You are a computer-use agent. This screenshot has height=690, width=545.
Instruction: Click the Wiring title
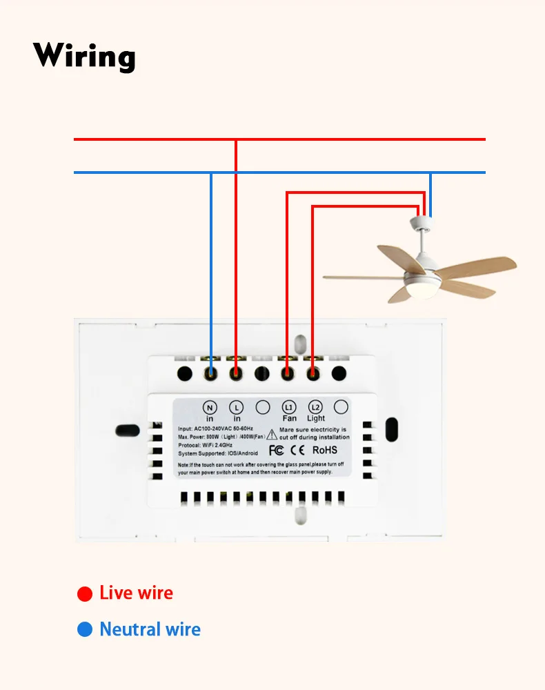pyautogui.click(x=84, y=55)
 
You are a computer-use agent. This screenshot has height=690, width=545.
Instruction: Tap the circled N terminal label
pyautogui.click(x=210, y=407)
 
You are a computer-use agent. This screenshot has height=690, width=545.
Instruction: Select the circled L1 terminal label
pyautogui.click(x=289, y=407)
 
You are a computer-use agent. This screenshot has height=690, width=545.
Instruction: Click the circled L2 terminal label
pyautogui.click(x=315, y=407)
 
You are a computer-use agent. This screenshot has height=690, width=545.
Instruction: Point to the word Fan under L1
pyautogui.click(x=289, y=419)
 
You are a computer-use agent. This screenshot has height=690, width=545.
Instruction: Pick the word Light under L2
pyautogui.click(x=316, y=419)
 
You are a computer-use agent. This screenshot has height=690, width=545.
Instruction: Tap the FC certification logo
pyautogui.click(x=276, y=451)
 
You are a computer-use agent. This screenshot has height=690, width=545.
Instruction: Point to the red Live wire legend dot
pyautogui.click(x=85, y=593)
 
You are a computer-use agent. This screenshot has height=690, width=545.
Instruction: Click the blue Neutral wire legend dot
pyautogui.click(x=85, y=629)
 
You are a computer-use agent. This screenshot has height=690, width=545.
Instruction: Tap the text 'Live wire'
pyautogui.click(x=136, y=593)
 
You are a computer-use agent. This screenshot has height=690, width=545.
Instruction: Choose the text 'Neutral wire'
pyautogui.click(x=150, y=629)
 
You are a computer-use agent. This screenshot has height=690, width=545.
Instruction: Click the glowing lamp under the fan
pyautogui.click(x=418, y=293)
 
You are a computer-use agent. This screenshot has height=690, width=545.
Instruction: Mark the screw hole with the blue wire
pyautogui.click(x=210, y=373)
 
